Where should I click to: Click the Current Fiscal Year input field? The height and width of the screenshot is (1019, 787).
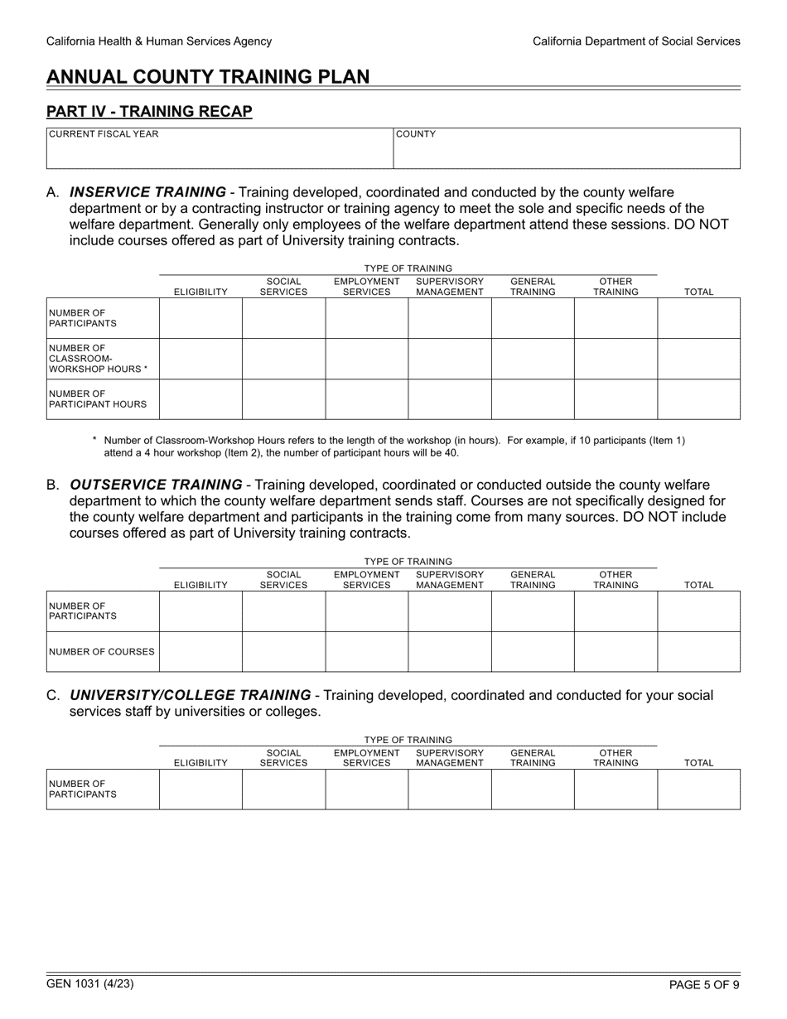(219, 154)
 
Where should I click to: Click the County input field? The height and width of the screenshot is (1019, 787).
(566, 154)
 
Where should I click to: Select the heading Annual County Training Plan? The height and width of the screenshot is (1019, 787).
(208, 77)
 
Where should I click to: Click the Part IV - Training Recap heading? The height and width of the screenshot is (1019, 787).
(149, 111)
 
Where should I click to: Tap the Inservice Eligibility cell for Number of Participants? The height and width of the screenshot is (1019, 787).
(200, 318)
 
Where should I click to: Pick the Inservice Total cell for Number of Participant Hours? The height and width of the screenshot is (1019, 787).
(698, 399)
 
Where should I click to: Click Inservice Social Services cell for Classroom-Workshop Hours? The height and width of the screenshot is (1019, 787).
(283, 359)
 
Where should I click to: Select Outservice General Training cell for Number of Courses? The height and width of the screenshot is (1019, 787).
(533, 651)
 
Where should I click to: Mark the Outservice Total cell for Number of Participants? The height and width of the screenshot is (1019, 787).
(698, 611)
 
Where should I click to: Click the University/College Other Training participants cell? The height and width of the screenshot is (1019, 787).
(616, 789)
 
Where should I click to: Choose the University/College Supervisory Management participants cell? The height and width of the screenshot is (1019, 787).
(450, 789)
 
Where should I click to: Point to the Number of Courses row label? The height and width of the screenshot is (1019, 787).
(102, 652)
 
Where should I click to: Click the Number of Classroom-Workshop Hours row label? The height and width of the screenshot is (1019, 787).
(98, 359)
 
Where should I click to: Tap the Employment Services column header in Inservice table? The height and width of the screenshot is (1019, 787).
(366, 287)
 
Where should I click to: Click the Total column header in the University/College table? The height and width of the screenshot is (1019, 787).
(698, 763)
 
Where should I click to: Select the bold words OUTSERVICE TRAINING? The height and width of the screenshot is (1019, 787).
(156, 485)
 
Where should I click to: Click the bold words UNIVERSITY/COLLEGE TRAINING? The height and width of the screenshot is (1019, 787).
(191, 695)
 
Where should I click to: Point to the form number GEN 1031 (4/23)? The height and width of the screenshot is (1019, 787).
(90, 984)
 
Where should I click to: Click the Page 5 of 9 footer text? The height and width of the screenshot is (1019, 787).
(704, 985)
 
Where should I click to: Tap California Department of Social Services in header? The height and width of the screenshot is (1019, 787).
(636, 41)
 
